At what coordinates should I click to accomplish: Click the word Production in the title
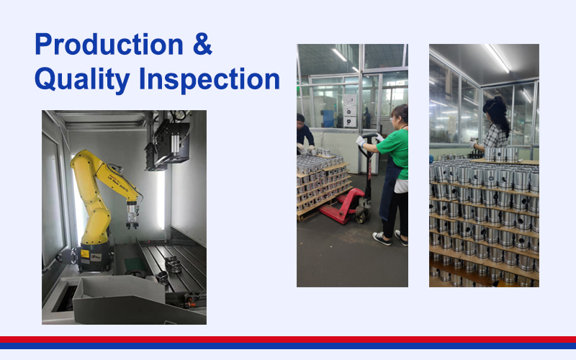point(109,44)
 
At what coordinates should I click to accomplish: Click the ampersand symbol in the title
point(202,44)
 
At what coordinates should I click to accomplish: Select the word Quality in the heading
point(82,79)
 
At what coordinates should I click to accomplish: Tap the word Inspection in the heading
point(210,79)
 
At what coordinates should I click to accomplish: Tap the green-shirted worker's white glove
point(361,140)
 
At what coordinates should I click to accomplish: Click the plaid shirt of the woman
point(495,137)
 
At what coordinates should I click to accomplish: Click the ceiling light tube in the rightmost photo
point(498,58)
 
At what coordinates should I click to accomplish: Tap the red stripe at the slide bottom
point(288,339)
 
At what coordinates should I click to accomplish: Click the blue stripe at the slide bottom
point(288,346)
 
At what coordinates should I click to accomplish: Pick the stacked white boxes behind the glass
point(349,111)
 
